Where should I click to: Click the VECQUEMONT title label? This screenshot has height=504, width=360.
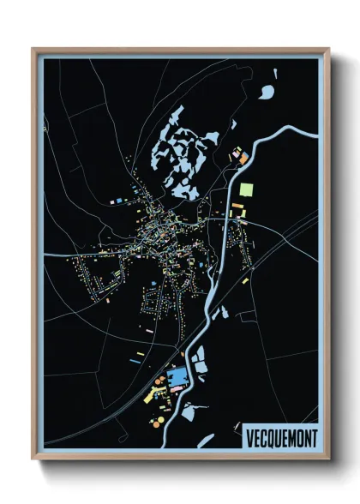(x=280, y=436)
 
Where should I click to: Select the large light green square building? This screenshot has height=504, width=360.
(x=247, y=189)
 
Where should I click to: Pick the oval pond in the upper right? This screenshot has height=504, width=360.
(x=268, y=90)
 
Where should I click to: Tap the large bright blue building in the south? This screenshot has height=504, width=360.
(x=178, y=377)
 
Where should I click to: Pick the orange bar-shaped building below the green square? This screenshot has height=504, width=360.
(x=238, y=208)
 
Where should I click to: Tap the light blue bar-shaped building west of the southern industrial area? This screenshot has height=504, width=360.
(x=135, y=361)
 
